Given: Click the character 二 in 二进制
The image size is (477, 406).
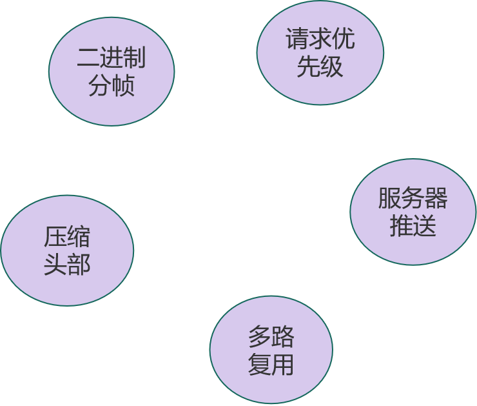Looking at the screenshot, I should click(x=88, y=58).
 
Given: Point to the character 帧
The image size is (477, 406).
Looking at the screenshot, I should click(x=123, y=85).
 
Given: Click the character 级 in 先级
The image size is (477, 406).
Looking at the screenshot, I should click(x=331, y=66).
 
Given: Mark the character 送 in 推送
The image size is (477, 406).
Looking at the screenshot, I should click(x=425, y=226).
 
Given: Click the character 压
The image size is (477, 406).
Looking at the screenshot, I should click(x=55, y=238).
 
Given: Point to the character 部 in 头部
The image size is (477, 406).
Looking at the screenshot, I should click(x=79, y=265).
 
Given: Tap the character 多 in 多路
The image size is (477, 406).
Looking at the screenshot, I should click(x=259, y=337).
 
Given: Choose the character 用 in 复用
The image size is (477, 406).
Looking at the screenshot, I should click(x=282, y=365).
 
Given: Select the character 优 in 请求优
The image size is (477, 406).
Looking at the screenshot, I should click(x=343, y=39).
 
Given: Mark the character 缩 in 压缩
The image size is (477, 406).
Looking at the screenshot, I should click(x=79, y=238).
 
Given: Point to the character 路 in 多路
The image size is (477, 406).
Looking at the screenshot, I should click(x=282, y=337).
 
